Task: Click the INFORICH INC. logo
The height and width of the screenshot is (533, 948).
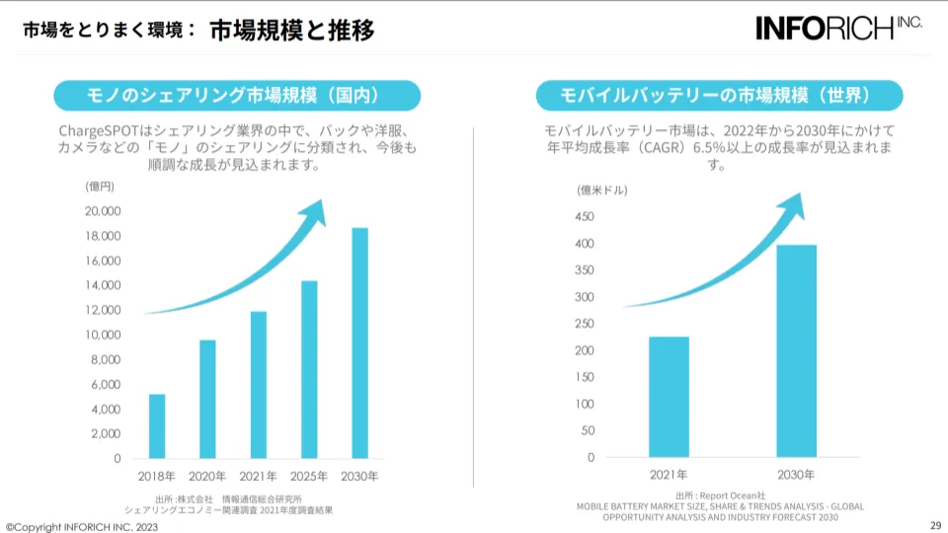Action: pos(838,28)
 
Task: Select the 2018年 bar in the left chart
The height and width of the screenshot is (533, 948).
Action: pos(157,425)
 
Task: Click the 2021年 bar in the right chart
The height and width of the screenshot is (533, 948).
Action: pos(669,397)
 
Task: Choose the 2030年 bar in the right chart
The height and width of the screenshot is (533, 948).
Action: pos(796,350)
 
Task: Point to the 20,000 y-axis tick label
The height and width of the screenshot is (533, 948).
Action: pos(103,211)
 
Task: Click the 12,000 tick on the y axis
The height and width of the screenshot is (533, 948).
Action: pos(103,310)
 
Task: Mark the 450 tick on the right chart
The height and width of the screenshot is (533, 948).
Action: pos(585,216)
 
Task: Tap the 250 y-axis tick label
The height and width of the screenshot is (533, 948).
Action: pos(585,324)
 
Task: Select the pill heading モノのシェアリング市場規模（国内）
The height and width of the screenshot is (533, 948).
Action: pos(237,96)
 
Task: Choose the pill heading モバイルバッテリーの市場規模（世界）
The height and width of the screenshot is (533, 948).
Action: pos(719,96)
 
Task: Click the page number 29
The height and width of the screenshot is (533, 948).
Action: pos(935,524)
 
